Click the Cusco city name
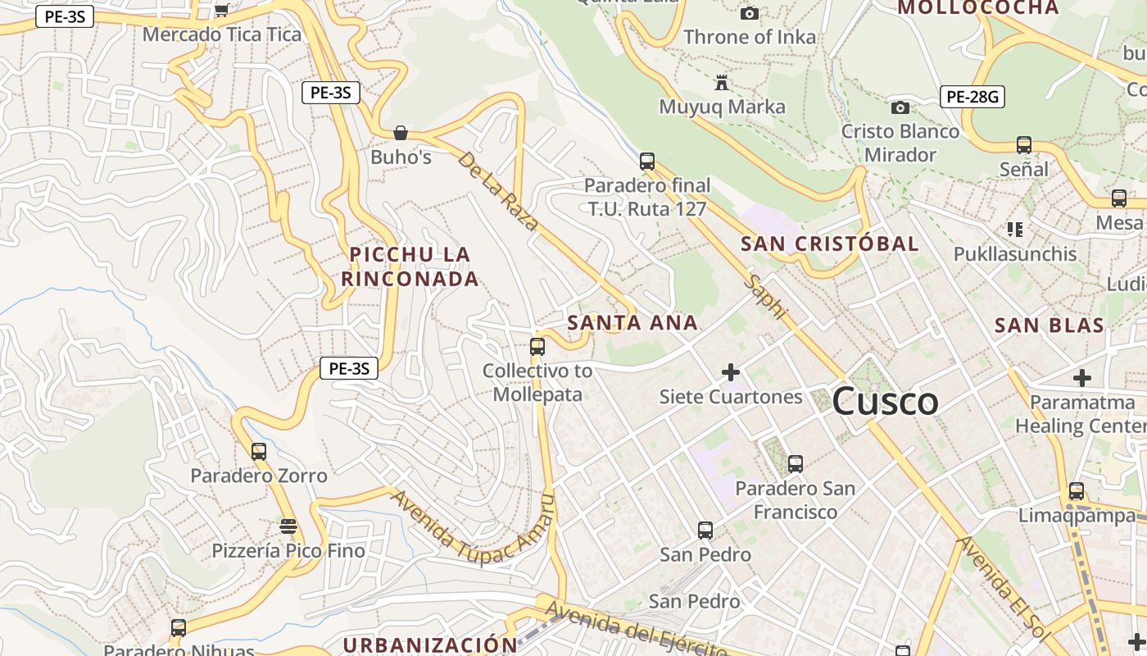pos(885,402)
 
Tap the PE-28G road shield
pos(972,97)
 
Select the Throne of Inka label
pos(750,37)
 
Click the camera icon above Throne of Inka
pos(749,13)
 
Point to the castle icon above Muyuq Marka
pos(722,83)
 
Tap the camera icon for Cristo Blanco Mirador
pos(900,107)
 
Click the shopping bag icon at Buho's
pos(401,133)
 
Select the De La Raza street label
pos(498,190)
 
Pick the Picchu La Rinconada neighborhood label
pos(410,266)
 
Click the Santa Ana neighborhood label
pos(632,322)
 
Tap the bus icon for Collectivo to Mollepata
pos(537,347)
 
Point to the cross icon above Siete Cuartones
pos(731,373)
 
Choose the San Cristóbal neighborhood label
pos(829,244)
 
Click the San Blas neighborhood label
pos(1049,325)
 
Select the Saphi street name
pos(766,297)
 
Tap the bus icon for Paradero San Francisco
pos(795,464)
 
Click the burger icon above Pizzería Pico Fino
pos(288,526)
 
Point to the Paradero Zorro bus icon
pos(259,451)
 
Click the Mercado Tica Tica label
pos(221,34)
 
